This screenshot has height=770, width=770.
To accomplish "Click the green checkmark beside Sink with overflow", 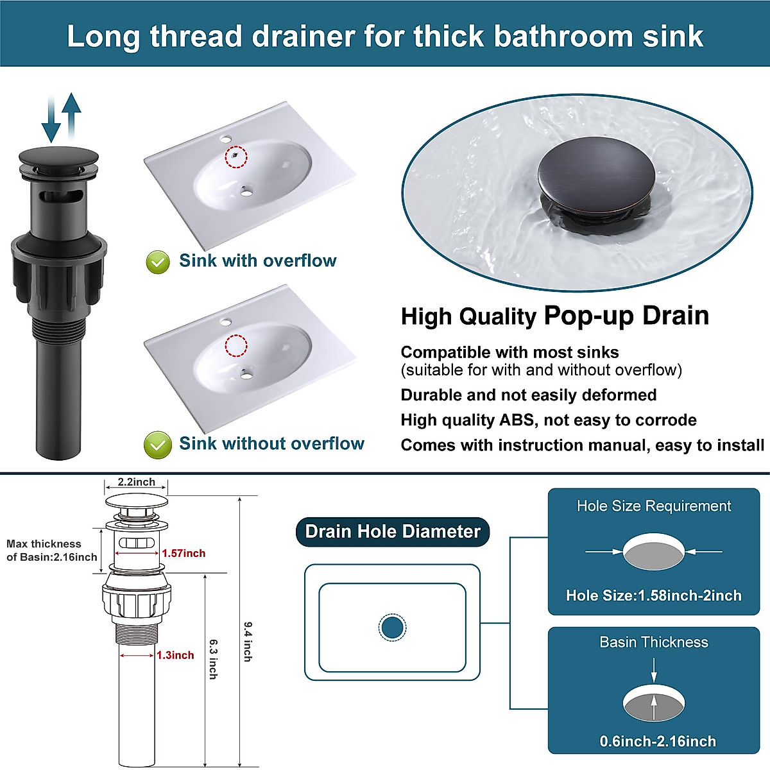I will pyautogui.click(x=158, y=262).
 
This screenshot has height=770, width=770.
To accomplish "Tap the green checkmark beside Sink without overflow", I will pyautogui.click(x=157, y=445).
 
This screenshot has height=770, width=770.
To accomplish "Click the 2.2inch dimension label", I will pyautogui.click(x=136, y=482).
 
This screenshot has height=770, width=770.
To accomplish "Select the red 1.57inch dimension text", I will pyautogui.click(x=184, y=553).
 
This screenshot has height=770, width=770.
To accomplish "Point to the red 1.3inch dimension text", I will pyautogui.click(x=175, y=655).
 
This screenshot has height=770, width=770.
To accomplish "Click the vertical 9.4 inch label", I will pyautogui.click(x=248, y=641).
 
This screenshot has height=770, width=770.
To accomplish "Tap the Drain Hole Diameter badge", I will pyautogui.click(x=392, y=532).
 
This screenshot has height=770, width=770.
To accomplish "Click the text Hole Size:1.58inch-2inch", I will pyautogui.click(x=653, y=595).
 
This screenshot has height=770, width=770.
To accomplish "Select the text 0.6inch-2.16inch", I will pyautogui.click(x=658, y=741).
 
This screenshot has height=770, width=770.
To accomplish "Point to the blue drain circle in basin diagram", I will pyautogui.click(x=392, y=628).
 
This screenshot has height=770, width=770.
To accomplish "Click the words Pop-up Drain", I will pyautogui.click(x=626, y=316).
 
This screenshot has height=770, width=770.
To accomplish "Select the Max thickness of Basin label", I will pyautogui.click(x=51, y=551).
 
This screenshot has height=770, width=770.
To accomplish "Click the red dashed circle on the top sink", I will pyautogui.click(x=236, y=157).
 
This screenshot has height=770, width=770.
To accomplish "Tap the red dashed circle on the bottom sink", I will pyautogui.click(x=235, y=345).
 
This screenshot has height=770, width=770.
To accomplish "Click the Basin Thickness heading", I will pyautogui.click(x=653, y=642).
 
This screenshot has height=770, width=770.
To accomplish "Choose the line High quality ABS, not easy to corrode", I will pyautogui.click(x=549, y=420).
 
